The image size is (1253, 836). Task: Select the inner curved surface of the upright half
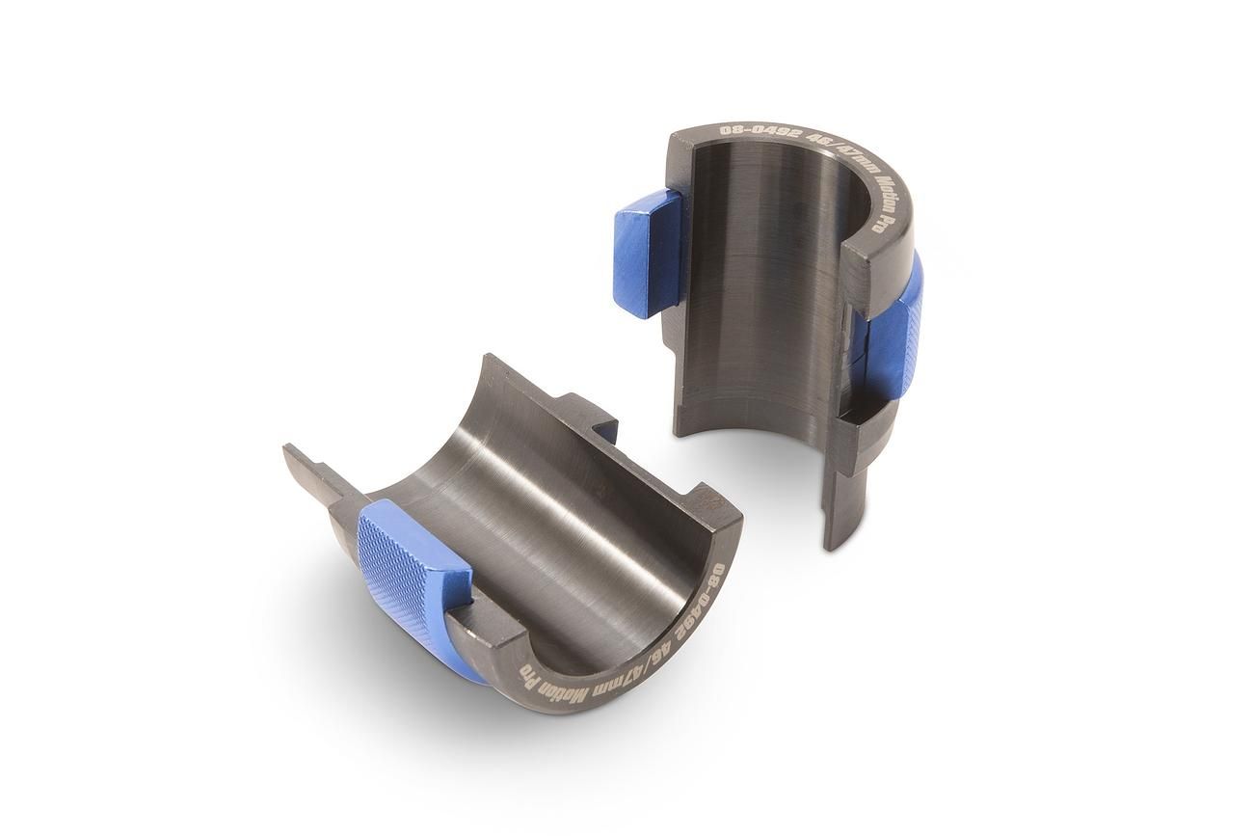pyautogui.click(x=761, y=289)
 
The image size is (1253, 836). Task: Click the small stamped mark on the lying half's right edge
pyautogui.click(x=711, y=500)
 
